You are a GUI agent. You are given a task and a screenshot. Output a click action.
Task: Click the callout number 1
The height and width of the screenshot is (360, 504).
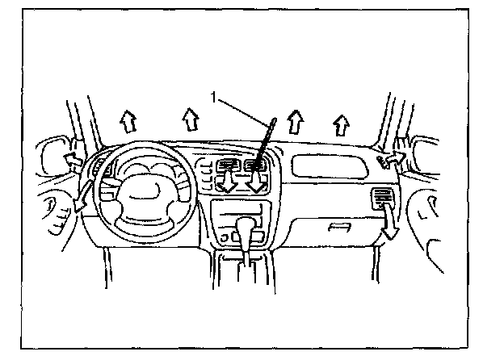coord(213,98)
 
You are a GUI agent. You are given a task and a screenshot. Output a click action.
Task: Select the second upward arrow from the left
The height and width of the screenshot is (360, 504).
coord(189,120)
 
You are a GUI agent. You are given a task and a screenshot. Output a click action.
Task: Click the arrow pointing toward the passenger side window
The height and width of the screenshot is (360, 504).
coord(395,158)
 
